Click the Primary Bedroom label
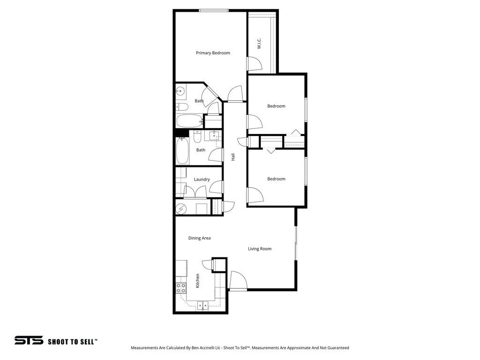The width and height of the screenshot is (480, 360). point(213,53)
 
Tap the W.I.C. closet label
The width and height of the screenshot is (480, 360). point(259,44)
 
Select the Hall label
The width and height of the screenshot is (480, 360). point(233,157)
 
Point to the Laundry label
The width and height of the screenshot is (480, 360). point(202,180)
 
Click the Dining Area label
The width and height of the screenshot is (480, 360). point(199,238)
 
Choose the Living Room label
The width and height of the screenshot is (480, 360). point(260,249)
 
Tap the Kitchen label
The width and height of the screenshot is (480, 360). point(198,280)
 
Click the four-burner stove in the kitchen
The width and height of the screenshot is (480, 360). point(181,288)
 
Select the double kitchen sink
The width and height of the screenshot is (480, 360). point(203,306)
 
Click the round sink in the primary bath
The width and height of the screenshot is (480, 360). point(180,91)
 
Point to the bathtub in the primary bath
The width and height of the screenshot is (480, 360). point(188,121)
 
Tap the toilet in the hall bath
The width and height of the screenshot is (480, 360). point(197,137)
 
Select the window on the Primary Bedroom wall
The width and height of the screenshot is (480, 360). point(214,11)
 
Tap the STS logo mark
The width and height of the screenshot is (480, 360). point(29,341)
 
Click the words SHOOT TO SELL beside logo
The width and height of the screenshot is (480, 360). point(73,342)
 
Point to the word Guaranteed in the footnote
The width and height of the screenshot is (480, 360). point(336,348)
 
